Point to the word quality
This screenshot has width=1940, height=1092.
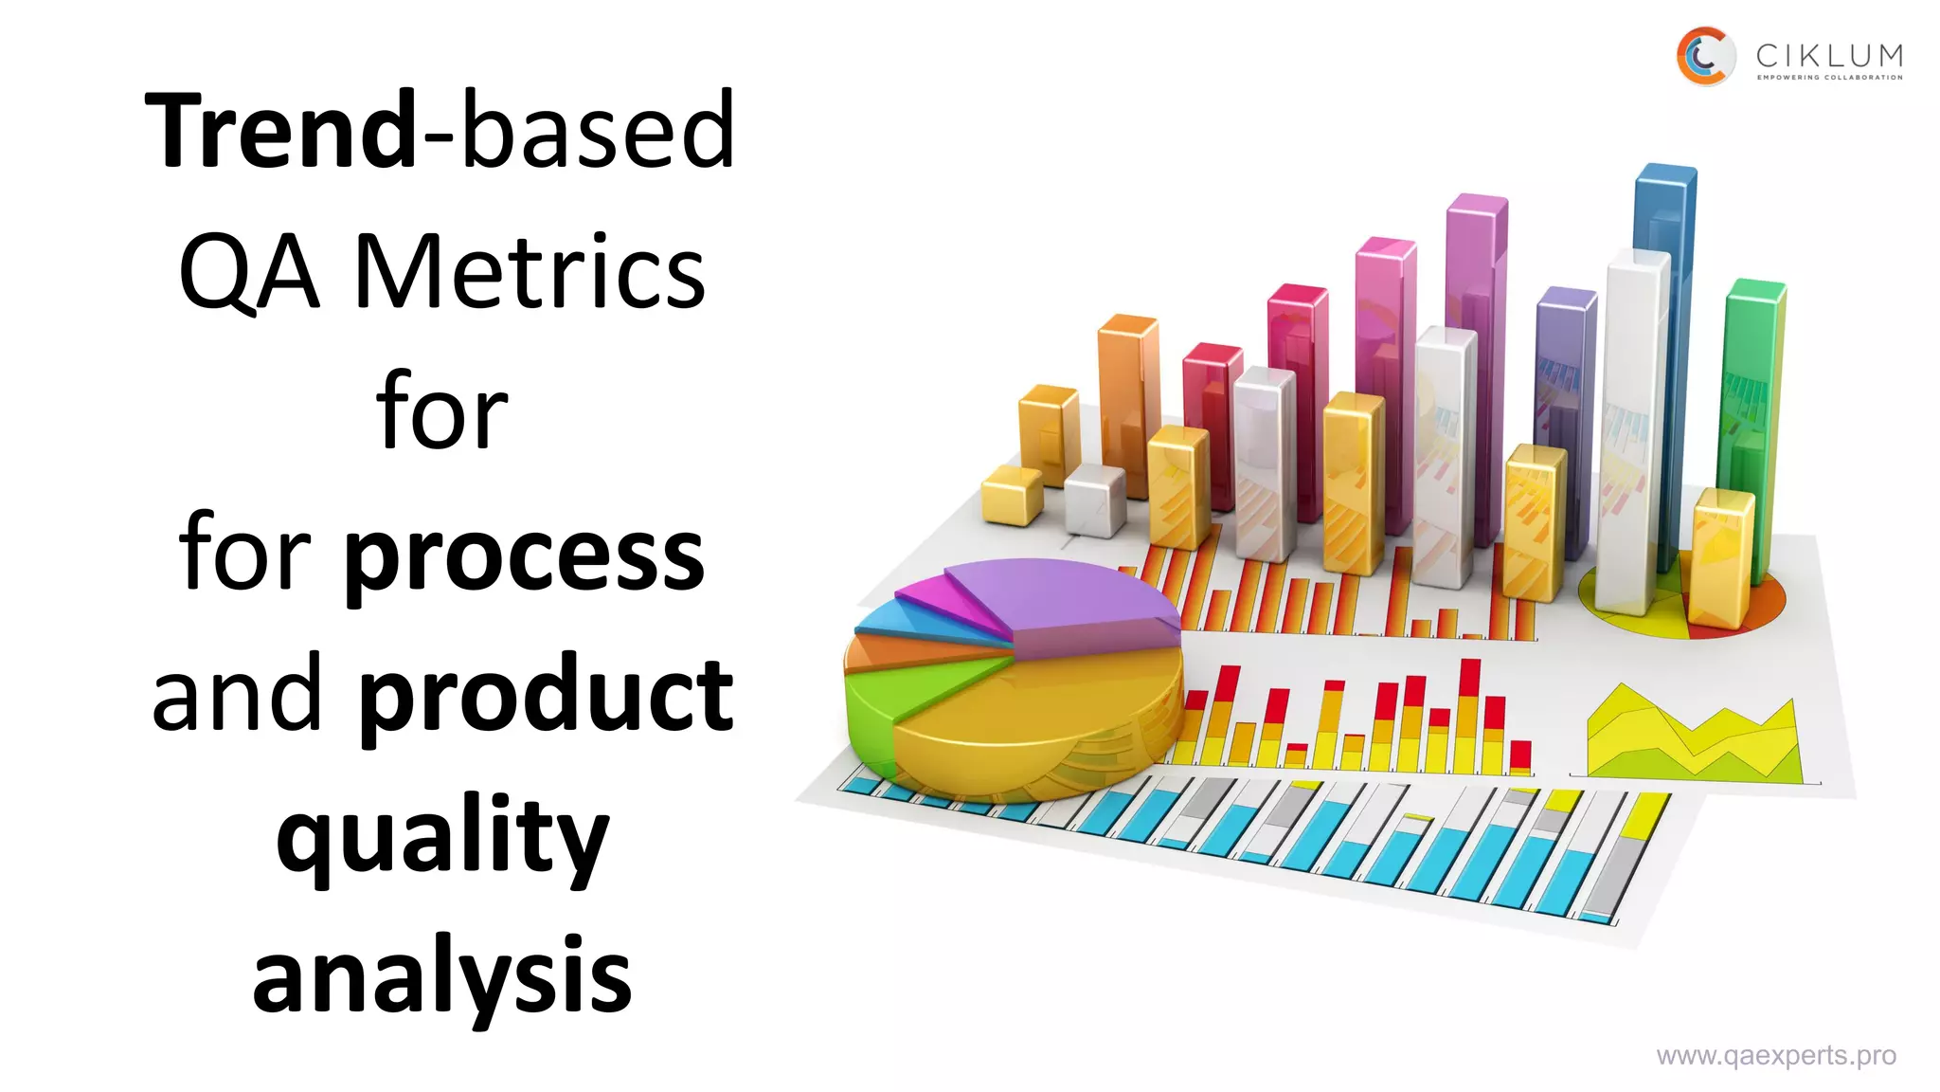coord(441,837)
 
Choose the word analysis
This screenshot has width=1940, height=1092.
coord(441,976)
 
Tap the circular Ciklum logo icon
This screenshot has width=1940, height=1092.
coord(1704,56)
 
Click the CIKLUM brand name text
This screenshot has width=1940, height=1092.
coord(1828,56)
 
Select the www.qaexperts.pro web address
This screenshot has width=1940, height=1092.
coord(1775,1056)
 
